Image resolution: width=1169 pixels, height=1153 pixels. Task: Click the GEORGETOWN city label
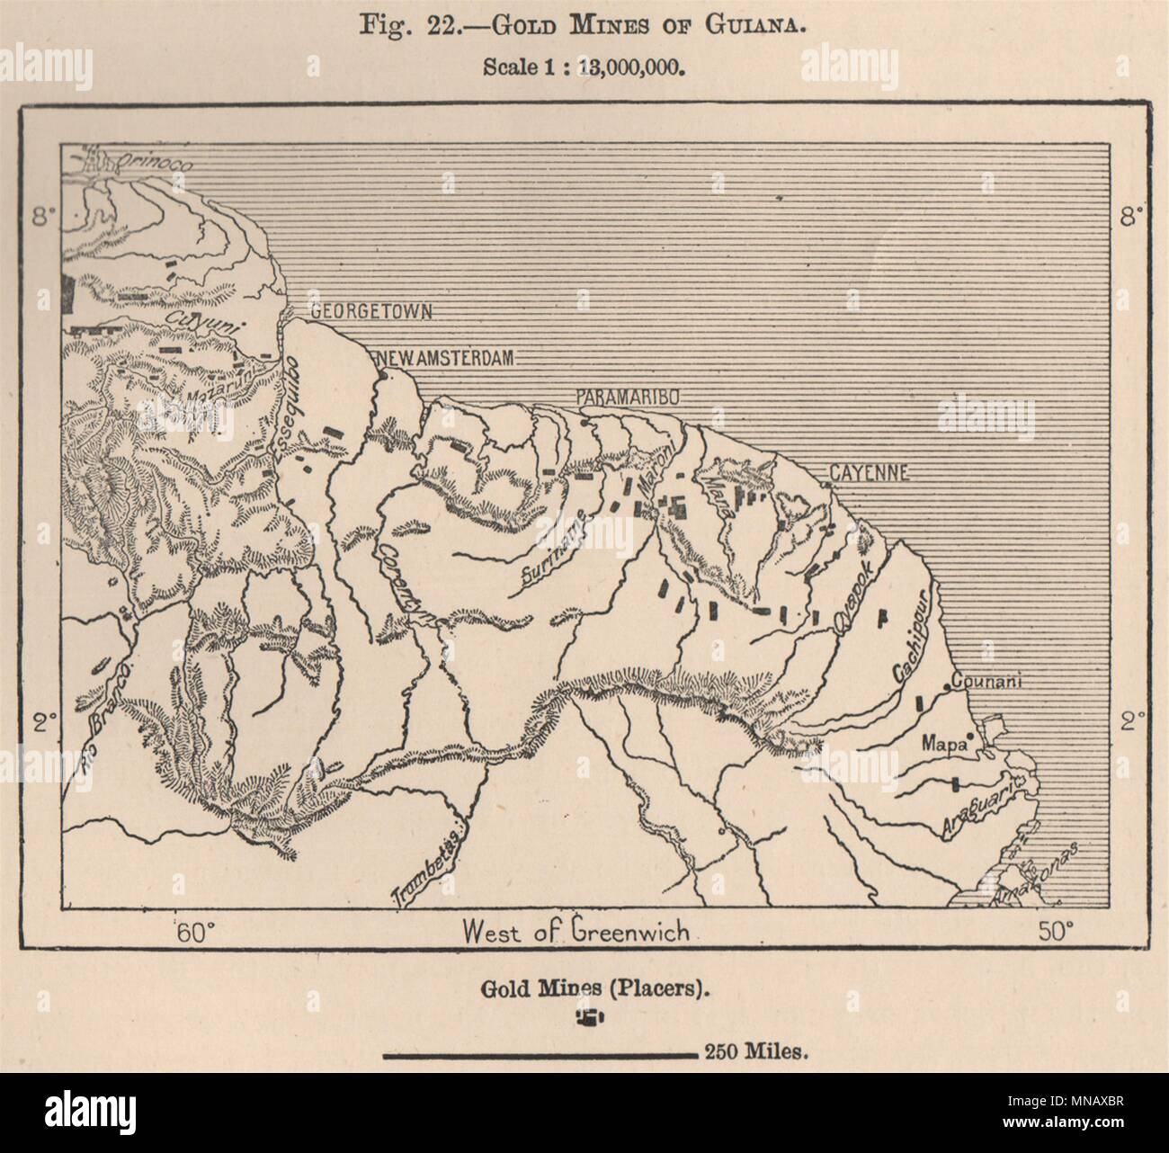[370, 311]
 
